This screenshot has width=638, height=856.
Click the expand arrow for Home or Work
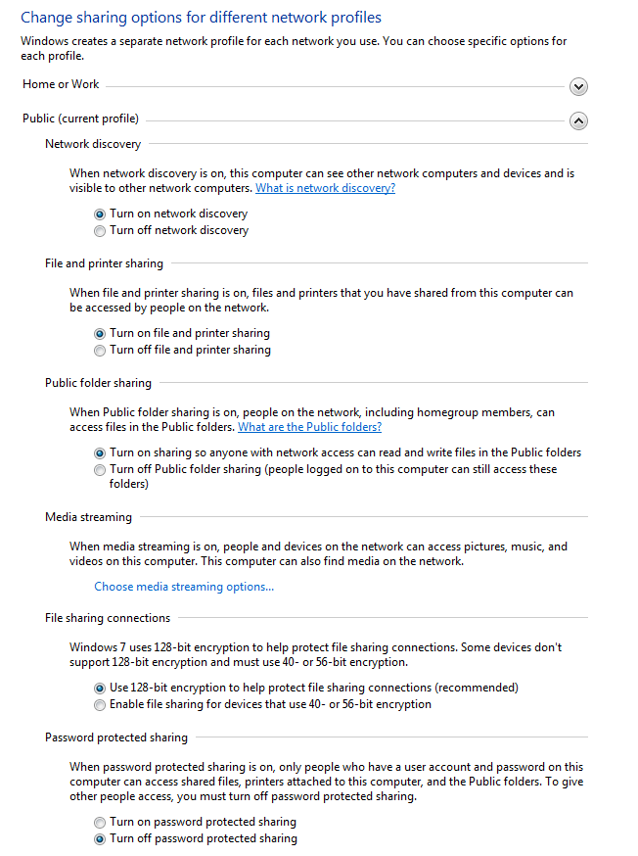click(x=578, y=86)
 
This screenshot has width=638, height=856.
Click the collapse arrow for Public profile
click(x=578, y=120)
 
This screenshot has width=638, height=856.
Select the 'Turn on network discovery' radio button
click(x=100, y=214)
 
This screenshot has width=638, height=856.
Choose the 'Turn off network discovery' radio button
click(x=100, y=231)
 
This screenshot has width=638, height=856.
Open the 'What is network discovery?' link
click(x=325, y=188)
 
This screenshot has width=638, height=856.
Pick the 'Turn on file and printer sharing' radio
click(x=100, y=334)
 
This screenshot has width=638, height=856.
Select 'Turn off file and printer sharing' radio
click(x=100, y=351)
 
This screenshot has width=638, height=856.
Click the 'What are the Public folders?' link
click(x=309, y=427)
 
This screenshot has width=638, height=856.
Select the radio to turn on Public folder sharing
click(x=100, y=453)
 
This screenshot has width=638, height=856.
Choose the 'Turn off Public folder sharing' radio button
click(x=100, y=470)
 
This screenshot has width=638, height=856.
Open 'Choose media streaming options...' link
click(x=184, y=587)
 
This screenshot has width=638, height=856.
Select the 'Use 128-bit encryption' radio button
click(x=100, y=689)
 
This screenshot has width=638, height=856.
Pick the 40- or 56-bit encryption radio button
click(x=100, y=705)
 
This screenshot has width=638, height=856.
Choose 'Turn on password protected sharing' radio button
click(x=100, y=823)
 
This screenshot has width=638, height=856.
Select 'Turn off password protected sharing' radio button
click(x=100, y=839)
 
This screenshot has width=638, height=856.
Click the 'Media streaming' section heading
click(x=88, y=516)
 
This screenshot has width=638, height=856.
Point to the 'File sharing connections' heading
click(x=108, y=618)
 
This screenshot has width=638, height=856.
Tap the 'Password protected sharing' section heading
click(x=116, y=737)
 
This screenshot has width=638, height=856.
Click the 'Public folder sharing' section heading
click(x=98, y=383)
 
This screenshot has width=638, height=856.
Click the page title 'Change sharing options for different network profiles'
click(x=201, y=18)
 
